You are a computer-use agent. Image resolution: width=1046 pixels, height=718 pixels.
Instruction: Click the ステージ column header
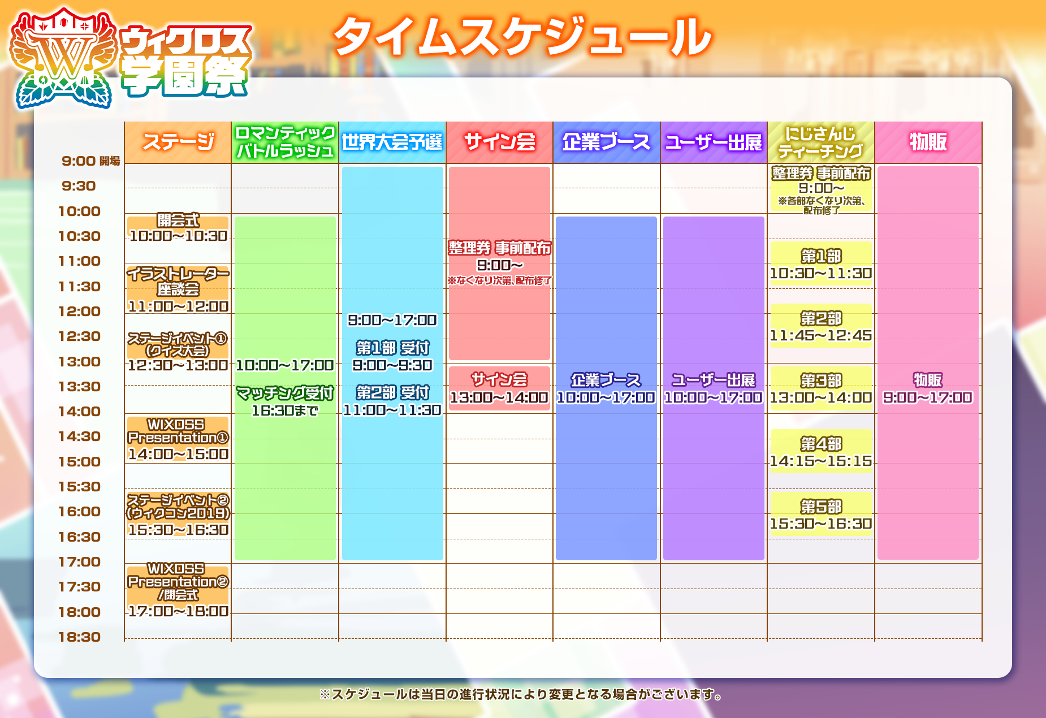(178, 142)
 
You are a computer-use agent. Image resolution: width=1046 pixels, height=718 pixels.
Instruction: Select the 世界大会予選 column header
(392, 142)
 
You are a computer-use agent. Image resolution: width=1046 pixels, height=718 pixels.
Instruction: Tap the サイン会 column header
(499, 142)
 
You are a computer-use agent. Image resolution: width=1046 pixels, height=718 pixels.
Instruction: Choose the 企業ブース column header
(606, 142)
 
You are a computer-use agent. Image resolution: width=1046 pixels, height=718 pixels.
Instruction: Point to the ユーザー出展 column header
(714, 142)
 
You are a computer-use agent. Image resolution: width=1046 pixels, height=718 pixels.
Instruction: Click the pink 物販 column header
(928, 142)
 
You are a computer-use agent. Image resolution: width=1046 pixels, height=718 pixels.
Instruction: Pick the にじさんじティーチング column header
(820, 142)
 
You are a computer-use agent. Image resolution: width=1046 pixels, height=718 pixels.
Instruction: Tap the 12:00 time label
(79, 312)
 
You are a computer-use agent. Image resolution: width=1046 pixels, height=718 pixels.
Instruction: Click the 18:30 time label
(79, 637)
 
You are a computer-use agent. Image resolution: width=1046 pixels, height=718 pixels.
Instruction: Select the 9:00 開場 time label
(90, 161)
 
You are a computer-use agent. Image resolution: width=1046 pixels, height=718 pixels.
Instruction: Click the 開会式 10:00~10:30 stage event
(178, 228)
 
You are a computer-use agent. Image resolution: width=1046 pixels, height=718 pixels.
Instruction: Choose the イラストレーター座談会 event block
(178, 289)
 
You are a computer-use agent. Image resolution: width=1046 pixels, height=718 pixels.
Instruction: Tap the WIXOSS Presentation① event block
(178, 439)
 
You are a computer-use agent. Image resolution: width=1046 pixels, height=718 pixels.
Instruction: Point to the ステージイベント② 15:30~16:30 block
(178, 514)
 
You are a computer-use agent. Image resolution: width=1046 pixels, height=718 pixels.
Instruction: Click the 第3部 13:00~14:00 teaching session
(820, 388)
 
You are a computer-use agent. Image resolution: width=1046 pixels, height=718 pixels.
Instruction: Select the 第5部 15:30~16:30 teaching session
(820, 514)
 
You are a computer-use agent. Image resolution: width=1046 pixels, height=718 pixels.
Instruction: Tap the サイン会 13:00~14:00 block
(499, 388)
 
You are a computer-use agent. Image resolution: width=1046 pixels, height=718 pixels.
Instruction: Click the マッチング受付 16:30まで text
(284, 401)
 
